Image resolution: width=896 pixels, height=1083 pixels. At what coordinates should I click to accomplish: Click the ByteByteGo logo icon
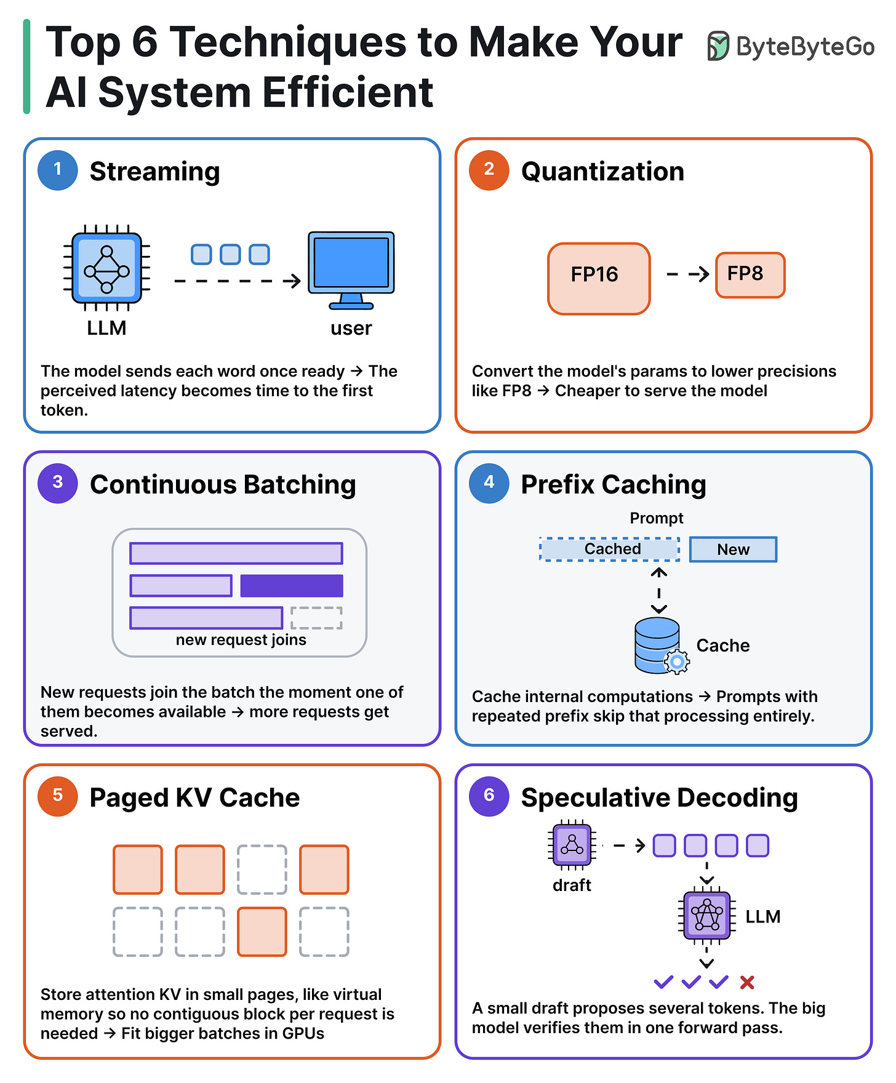pos(718,46)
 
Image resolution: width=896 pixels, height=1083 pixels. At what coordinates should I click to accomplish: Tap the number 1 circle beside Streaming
pos(58,170)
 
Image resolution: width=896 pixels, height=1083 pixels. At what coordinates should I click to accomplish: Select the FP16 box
pos(599,279)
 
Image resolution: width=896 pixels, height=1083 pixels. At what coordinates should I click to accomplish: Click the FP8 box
pos(750,275)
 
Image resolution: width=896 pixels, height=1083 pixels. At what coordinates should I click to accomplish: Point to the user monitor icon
pos(351,270)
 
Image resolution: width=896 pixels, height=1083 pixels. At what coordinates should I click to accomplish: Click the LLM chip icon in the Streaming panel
pos(107,268)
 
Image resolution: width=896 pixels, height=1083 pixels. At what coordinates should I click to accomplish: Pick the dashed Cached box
pos(610,549)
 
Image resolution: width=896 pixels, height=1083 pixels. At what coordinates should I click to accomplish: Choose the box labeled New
pos(733,549)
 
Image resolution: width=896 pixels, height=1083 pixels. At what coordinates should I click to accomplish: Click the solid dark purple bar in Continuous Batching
pos(292,586)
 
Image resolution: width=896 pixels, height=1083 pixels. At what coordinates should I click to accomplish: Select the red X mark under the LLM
pos(747,982)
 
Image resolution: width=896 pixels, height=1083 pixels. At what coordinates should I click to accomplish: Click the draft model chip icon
pos(572,845)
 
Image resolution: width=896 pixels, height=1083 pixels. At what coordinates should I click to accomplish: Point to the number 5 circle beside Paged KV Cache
pos(58,796)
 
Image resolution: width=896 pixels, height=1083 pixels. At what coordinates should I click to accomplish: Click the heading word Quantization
pos(602,171)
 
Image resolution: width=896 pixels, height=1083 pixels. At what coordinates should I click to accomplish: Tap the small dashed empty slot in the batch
pos(316,618)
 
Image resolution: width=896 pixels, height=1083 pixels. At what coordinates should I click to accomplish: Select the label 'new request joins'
pos(241,640)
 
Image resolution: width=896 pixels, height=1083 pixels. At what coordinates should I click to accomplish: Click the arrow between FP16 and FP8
pos(688,274)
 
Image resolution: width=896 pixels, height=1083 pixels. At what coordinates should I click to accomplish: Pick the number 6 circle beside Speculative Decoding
pos(489,796)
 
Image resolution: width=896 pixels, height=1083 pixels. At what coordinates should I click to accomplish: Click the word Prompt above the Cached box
pos(657,518)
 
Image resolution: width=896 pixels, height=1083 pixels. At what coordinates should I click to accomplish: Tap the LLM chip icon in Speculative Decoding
pos(707,916)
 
